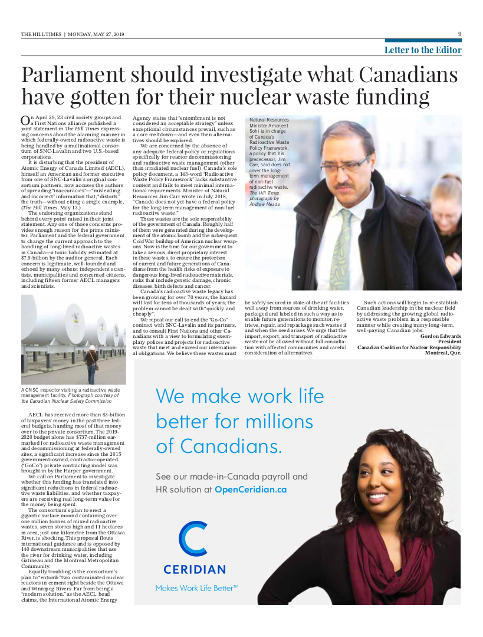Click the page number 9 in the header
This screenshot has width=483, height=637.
(459, 34)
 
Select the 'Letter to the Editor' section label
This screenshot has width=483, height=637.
(423, 50)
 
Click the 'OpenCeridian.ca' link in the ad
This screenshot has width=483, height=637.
(251, 489)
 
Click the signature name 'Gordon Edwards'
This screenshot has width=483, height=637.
(441, 336)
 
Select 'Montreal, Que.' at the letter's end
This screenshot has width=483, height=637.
(443, 353)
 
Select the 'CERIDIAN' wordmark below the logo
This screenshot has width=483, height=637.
(194, 570)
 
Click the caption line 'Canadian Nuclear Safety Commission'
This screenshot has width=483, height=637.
(66, 401)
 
